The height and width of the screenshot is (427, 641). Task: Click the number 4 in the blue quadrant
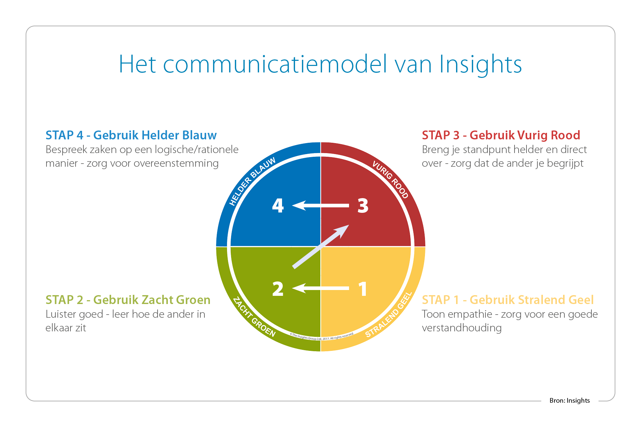coord(278,206)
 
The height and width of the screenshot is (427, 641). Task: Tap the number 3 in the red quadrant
coord(363,206)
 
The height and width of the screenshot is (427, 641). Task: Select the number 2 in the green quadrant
coord(278,289)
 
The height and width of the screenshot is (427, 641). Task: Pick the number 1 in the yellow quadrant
coord(363,289)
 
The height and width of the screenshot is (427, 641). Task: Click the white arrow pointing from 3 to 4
coord(321,206)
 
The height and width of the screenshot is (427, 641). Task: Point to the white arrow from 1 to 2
coord(321,288)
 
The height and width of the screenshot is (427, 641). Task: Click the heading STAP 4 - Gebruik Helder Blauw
coord(131,135)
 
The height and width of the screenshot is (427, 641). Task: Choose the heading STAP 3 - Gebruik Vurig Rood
coord(501,135)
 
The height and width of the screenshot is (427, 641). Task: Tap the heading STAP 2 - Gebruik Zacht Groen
coord(128,300)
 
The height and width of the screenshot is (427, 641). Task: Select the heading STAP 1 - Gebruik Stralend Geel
coord(508,300)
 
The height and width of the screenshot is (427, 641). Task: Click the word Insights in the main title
coord(480,64)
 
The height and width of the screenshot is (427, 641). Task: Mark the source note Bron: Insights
coord(570,400)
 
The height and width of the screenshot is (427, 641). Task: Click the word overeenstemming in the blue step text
coord(176,163)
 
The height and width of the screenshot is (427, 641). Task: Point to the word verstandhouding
coord(462,328)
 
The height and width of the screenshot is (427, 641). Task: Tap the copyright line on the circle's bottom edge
coord(321,337)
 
